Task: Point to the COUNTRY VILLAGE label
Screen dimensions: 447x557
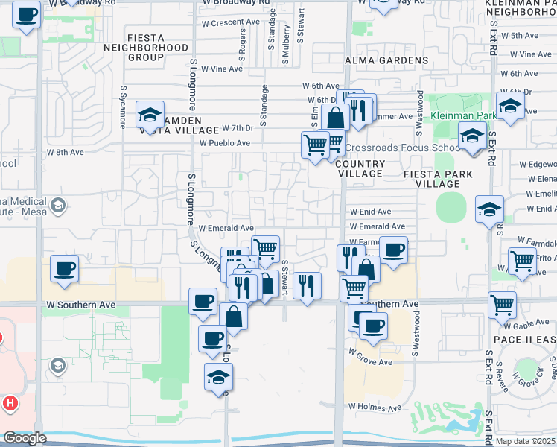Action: coord(360,168)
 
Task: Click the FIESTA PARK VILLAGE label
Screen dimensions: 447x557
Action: coord(437,179)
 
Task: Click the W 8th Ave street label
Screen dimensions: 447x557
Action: coord(66,152)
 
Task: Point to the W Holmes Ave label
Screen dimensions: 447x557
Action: coord(375,408)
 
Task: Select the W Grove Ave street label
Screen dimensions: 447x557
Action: coord(371,363)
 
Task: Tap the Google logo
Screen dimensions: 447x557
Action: coord(25,438)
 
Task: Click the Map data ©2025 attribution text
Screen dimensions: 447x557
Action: coord(526,440)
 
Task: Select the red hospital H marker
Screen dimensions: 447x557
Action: coord(10,404)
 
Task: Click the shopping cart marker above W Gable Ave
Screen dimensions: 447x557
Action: coord(502,303)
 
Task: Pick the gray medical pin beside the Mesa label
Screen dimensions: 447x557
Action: coord(57,205)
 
